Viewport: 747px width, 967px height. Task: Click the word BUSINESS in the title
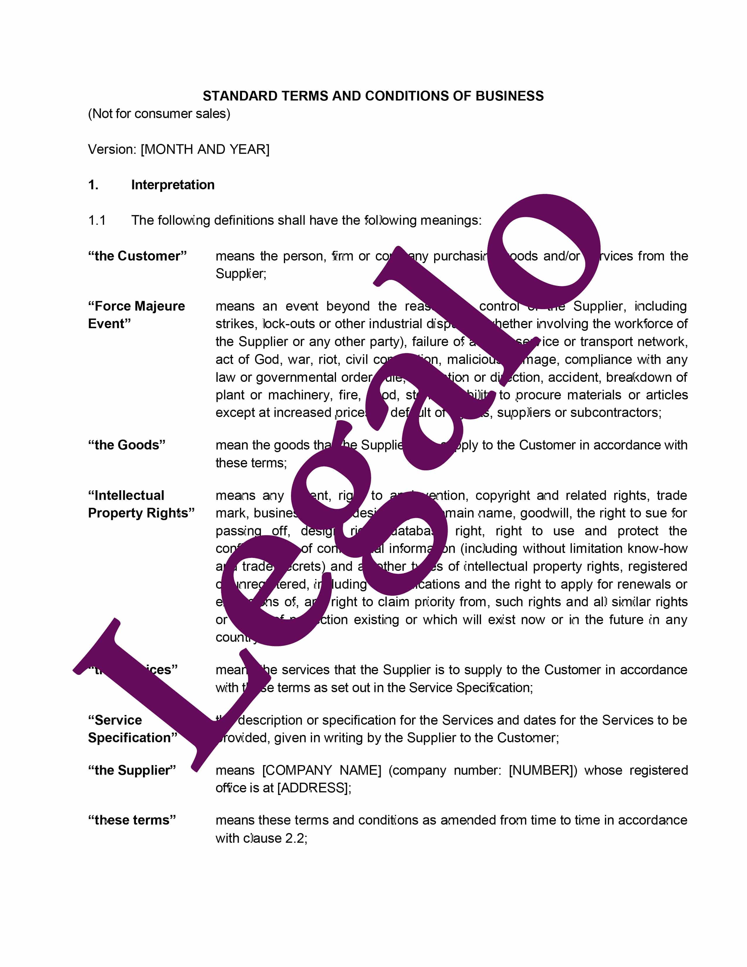[509, 96]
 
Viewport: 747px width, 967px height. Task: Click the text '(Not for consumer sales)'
[159, 114]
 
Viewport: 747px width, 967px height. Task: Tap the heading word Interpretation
[173, 185]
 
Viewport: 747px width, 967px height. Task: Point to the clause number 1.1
[97, 220]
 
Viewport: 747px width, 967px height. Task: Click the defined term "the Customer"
[137, 256]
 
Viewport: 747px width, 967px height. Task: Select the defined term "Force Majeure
[136, 306]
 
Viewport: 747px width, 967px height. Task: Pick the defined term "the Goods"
[127, 445]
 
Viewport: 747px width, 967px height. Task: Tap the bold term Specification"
[132, 738]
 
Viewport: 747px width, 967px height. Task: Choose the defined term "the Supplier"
[132, 770]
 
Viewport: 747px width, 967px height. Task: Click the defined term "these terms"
[132, 820]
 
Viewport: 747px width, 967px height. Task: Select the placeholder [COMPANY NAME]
[321, 770]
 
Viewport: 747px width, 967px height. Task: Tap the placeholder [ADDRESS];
[314, 788]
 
